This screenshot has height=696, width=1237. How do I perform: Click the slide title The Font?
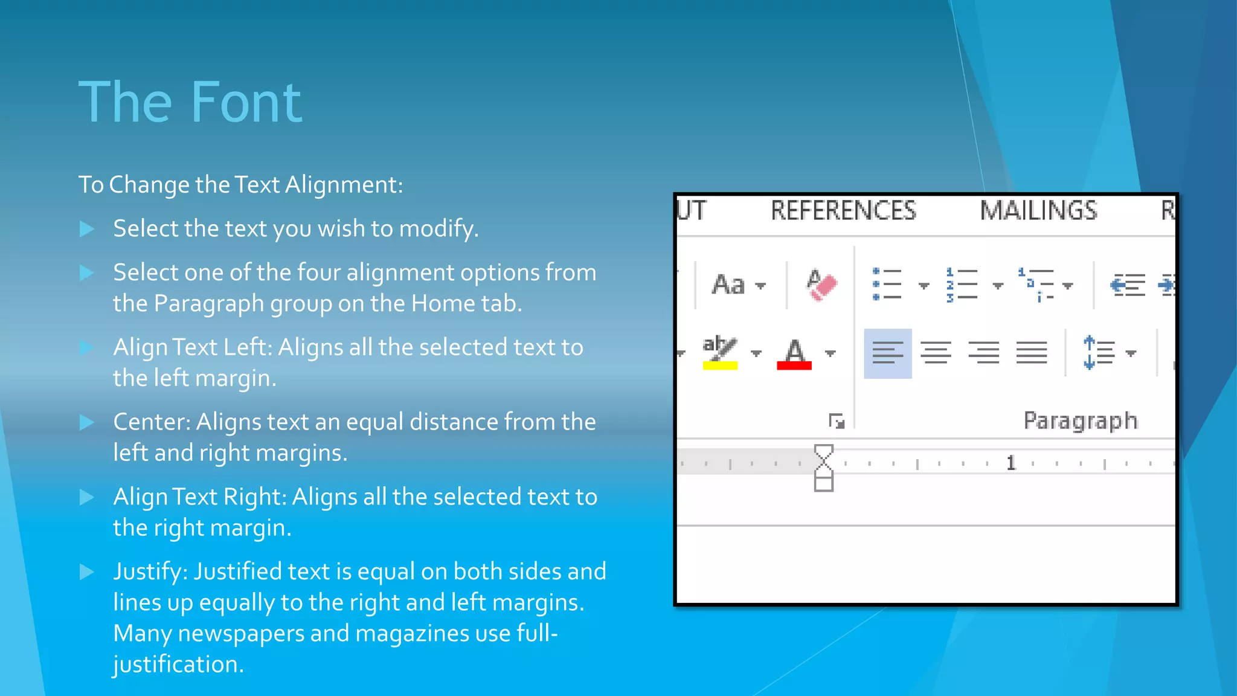coord(190,103)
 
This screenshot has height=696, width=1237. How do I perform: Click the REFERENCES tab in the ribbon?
coord(843,211)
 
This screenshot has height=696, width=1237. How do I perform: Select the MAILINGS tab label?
coord(1038,211)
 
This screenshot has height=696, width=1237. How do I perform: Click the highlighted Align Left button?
coord(887,353)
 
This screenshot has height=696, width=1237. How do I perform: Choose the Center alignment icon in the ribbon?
coord(936,353)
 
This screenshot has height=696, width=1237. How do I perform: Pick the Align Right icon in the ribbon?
coord(983,353)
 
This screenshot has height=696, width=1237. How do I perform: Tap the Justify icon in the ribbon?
coord(1032,353)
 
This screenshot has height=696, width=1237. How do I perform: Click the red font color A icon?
coord(794,353)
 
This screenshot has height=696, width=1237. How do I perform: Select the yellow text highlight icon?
coord(720,352)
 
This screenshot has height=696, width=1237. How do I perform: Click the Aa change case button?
coord(729,285)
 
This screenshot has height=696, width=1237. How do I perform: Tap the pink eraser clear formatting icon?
coord(821,285)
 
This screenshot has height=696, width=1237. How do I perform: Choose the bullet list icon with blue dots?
coord(887,285)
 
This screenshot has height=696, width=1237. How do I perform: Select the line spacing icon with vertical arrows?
coord(1099,353)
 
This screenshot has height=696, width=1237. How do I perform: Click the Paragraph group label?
coord(1081,420)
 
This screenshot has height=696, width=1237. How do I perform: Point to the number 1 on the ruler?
coord(1011,463)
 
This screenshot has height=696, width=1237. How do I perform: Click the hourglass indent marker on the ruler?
coord(824,468)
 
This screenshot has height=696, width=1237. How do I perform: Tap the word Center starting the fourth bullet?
coord(151,422)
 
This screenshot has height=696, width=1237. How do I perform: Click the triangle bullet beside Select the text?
coord(87,229)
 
